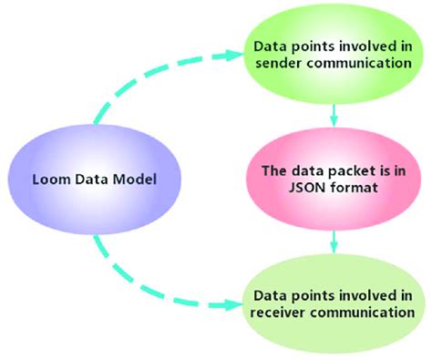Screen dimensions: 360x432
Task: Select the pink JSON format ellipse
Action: pos(335,179)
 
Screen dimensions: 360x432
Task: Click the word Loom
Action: pos(46,180)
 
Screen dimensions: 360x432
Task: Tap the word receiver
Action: pos(279,313)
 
